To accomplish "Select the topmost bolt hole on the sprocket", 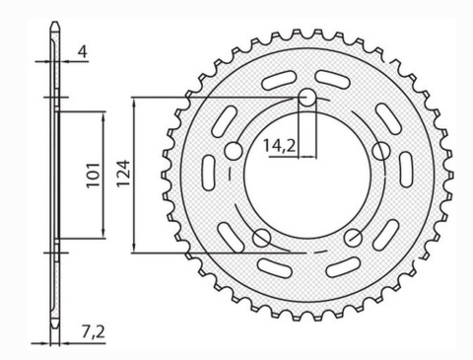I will tap(307, 98).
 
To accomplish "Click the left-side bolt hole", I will tap(234, 151).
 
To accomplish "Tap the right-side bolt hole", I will tap(381, 151).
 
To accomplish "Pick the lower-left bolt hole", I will tap(262, 237).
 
